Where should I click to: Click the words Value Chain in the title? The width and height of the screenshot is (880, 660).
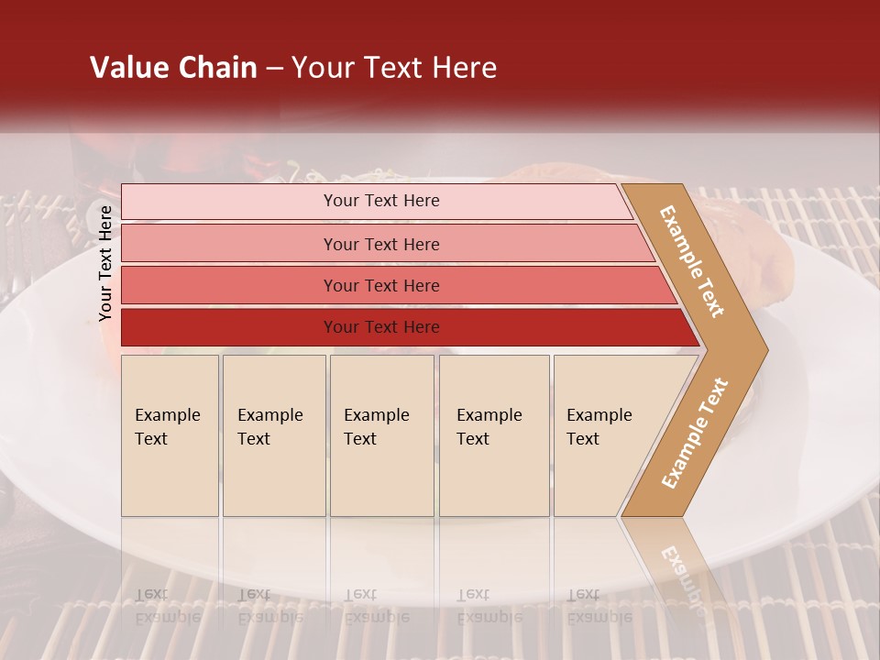[173, 68]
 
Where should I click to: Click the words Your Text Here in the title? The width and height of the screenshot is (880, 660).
[394, 68]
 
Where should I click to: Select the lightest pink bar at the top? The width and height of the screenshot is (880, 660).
[229, 202]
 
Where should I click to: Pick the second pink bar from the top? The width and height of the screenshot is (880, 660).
[229, 244]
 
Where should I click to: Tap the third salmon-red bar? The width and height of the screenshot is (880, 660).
[229, 285]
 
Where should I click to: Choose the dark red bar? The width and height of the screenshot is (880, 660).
[229, 327]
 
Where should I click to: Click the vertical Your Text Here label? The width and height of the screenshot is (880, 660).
[105, 263]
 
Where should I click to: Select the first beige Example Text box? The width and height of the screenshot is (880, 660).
[170, 435]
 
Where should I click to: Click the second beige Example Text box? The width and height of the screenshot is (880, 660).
[273, 435]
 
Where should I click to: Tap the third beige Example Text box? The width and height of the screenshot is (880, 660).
[381, 435]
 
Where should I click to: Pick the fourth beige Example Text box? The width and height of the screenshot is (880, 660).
[493, 435]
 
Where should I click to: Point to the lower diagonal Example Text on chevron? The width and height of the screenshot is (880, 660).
[695, 433]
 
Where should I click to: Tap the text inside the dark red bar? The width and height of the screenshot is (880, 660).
[381, 327]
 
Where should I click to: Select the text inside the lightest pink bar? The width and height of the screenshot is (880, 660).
[381, 201]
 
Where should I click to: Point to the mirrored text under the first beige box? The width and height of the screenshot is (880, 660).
[167, 607]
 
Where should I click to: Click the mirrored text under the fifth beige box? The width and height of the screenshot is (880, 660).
[599, 607]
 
